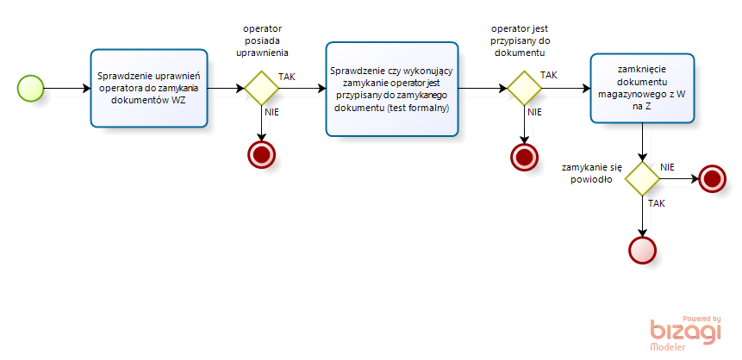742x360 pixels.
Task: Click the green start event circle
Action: coord(31,88)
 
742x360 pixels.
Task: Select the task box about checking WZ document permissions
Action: coord(149,88)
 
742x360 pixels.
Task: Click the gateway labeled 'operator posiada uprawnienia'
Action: coord(261,88)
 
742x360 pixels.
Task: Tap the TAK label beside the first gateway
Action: coord(287,77)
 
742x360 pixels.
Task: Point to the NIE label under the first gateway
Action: coord(271,112)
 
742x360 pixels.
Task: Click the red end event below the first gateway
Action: coord(261,154)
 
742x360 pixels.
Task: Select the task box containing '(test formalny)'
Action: coord(392,89)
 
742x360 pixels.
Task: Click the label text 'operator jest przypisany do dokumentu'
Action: coord(520,40)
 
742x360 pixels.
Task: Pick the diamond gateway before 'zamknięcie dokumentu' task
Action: coord(524,88)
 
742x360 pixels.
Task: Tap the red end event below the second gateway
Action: coord(524,157)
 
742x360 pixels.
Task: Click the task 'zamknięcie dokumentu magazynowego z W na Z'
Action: coord(642,89)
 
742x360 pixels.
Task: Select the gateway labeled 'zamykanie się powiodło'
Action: coord(642,178)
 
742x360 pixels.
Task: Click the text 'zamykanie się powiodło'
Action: coord(592,173)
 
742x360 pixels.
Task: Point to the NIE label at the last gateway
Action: coord(667,167)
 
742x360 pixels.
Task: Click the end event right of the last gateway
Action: coord(712,178)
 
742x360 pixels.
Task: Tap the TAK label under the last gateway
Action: coord(657,204)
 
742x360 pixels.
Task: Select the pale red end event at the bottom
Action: coord(642,250)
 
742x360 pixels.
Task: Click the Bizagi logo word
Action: coord(686,331)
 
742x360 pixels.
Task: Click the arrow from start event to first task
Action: coord(67,88)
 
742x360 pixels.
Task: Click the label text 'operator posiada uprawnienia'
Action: coord(262,40)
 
